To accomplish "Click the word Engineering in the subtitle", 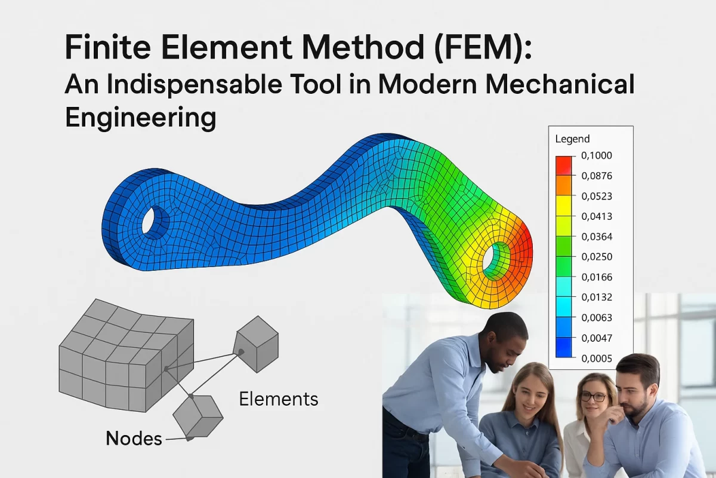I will pyautogui.click(x=140, y=117).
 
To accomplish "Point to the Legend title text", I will pyautogui.click(x=572, y=139).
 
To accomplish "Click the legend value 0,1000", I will pyautogui.click(x=596, y=156).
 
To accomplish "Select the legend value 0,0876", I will pyautogui.click(x=596, y=176).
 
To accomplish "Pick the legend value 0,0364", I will pyautogui.click(x=596, y=237).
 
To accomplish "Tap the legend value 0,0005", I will pyautogui.click(x=596, y=358).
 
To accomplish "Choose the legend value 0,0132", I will pyautogui.click(x=596, y=298).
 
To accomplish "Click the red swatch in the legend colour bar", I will pyautogui.click(x=563, y=165).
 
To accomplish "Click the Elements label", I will pyautogui.click(x=278, y=399).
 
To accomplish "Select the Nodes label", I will pyautogui.click(x=134, y=439).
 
